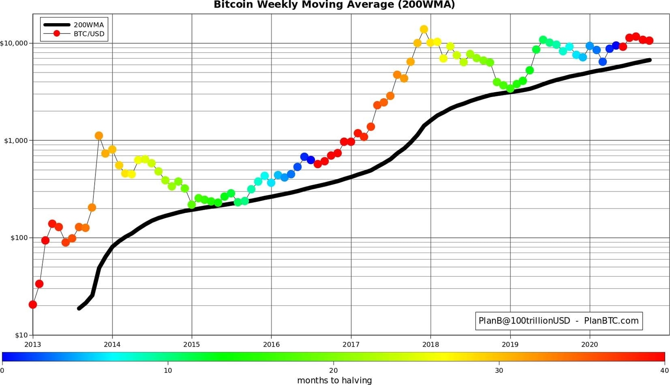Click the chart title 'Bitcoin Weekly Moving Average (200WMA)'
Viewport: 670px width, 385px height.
(334, 5)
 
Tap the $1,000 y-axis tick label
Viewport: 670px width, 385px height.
(15, 141)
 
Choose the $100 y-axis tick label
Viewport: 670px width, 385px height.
(17, 238)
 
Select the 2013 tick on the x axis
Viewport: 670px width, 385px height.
(33, 344)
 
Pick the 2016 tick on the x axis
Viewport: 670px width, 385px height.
(271, 344)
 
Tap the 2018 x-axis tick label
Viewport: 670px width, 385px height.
(431, 344)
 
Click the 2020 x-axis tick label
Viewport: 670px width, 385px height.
(590, 344)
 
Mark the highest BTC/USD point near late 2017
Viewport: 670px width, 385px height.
(424, 29)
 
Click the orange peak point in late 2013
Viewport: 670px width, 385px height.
(99, 136)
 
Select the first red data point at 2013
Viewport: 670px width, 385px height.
(33, 305)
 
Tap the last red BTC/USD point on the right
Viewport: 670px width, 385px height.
(649, 41)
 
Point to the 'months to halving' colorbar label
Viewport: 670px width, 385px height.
(334, 381)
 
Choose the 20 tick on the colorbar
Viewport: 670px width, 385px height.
(334, 371)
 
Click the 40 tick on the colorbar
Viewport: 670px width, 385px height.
(664, 371)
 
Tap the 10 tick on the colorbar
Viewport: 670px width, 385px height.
(168, 371)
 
